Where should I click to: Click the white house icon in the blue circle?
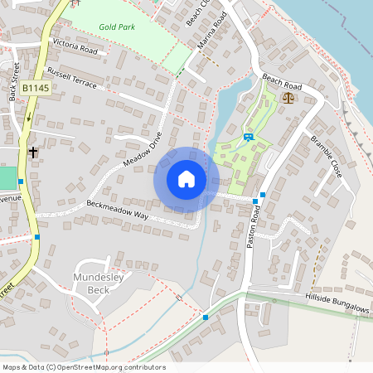point(186,179)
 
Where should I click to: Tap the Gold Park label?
point(117,27)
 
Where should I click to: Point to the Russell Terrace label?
point(72,80)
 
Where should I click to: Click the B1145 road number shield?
point(36,88)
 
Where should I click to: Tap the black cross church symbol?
point(33,153)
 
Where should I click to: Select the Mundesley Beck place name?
point(99,283)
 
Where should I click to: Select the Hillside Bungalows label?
point(337,303)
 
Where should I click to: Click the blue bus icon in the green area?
point(247,137)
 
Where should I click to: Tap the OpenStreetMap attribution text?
point(84,367)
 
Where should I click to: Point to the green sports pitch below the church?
point(7,177)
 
